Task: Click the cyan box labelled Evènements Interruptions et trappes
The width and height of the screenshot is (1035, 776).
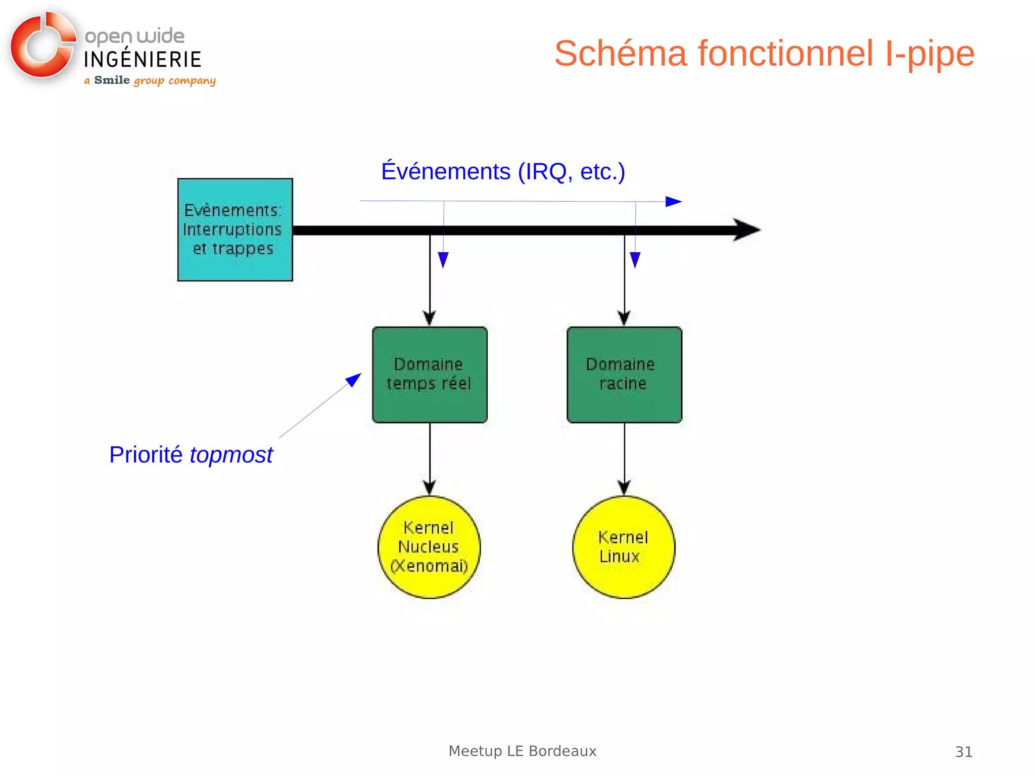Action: coord(235,230)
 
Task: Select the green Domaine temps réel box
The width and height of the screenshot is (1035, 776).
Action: coord(430,375)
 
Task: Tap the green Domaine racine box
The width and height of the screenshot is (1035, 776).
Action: coord(624,375)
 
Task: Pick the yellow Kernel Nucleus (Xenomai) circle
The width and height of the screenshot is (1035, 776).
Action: coord(429,547)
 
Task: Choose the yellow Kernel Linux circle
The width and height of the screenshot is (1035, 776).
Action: coord(624,547)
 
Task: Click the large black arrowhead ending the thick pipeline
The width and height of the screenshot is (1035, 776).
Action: coord(746,230)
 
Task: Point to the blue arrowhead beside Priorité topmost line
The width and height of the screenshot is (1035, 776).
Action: coord(354,380)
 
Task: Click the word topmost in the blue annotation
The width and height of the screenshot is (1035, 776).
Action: coord(231,455)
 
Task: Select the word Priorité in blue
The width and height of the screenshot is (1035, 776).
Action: coord(146,455)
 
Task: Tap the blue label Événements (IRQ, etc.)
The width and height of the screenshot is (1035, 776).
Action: coord(503,172)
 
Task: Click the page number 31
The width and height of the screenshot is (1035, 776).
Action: coord(963,752)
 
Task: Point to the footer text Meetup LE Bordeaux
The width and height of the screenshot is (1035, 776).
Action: coord(522,751)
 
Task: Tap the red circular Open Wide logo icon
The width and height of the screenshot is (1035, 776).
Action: coord(41,47)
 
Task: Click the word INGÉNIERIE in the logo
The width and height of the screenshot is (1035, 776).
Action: coord(143,59)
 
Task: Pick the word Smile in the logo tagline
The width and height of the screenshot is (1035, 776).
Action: coord(112,80)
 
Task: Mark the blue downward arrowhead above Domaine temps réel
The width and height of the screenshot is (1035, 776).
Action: coord(443,260)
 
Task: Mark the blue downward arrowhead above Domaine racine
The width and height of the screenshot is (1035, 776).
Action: coord(635,260)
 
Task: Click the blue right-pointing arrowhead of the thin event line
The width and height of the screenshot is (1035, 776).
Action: coord(673,202)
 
